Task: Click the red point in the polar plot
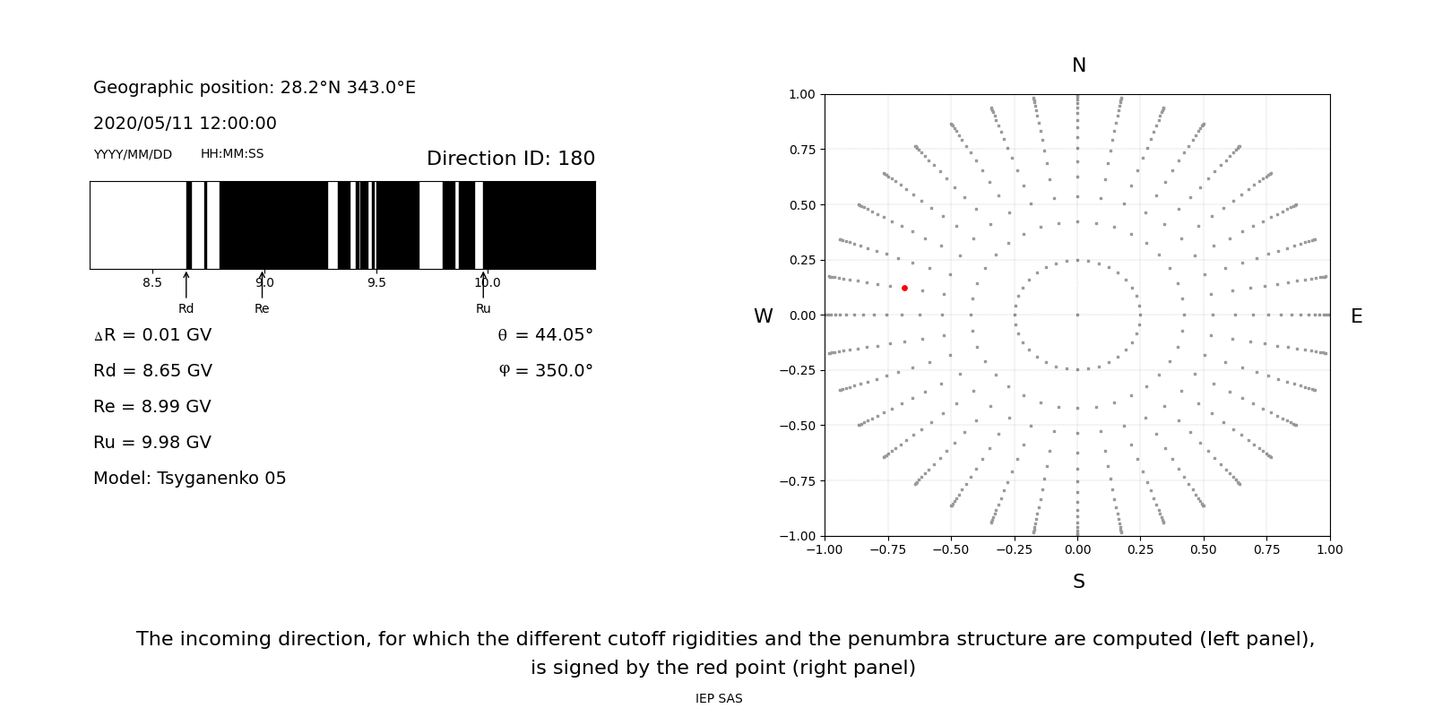tap(904, 288)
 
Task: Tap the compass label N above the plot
tap(1078, 65)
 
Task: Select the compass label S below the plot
tap(1078, 582)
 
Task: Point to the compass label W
tap(764, 316)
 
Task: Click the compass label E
tap(1356, 316)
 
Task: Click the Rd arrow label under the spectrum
tap(186, 308)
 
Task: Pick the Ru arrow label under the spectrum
tap(483, 308)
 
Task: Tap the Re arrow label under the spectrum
tap(262, 308)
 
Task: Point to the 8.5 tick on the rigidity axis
tap(152, 282)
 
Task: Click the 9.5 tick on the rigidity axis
tap(376, 282)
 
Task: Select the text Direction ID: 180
tap(510, 159)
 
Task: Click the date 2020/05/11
tap(135, 124)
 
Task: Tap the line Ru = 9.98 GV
tap(152, 443)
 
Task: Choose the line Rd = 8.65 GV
tap(152, 371)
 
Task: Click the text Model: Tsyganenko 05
tap(189, 479)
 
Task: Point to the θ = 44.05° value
tap(545, 335)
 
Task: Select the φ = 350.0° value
tap(545, 371)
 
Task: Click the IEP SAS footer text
tap(718, 699)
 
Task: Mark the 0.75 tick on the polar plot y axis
tap(801, 150)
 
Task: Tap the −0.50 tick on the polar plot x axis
tap(951, 549)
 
